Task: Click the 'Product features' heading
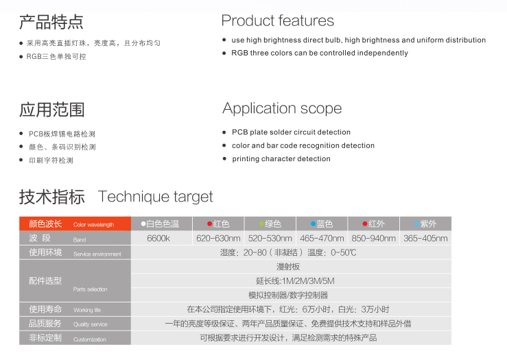tap(277, 21)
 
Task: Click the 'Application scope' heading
tap(282, 108)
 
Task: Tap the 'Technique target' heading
tap(156, 197)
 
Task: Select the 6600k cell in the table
tap(158, 239)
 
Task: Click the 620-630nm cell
tap(218, 239)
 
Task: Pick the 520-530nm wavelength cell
tap(270, 239)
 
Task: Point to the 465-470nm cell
tap(322, 239)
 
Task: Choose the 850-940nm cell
tap(373, 239)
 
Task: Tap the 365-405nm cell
tap(425, 239)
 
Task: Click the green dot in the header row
tap(261, 224)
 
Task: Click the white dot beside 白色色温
tap(143, 224)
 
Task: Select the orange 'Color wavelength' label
tap(93, 225)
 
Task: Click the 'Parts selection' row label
tap(90, 289)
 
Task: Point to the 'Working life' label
tap(87, 310)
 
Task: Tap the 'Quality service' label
tap(90, 324)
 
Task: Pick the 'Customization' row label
tap(90, 339)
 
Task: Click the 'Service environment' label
tap(97, 254)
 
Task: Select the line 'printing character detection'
tap(281, 158)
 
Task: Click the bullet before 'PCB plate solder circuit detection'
tap(224, 132)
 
